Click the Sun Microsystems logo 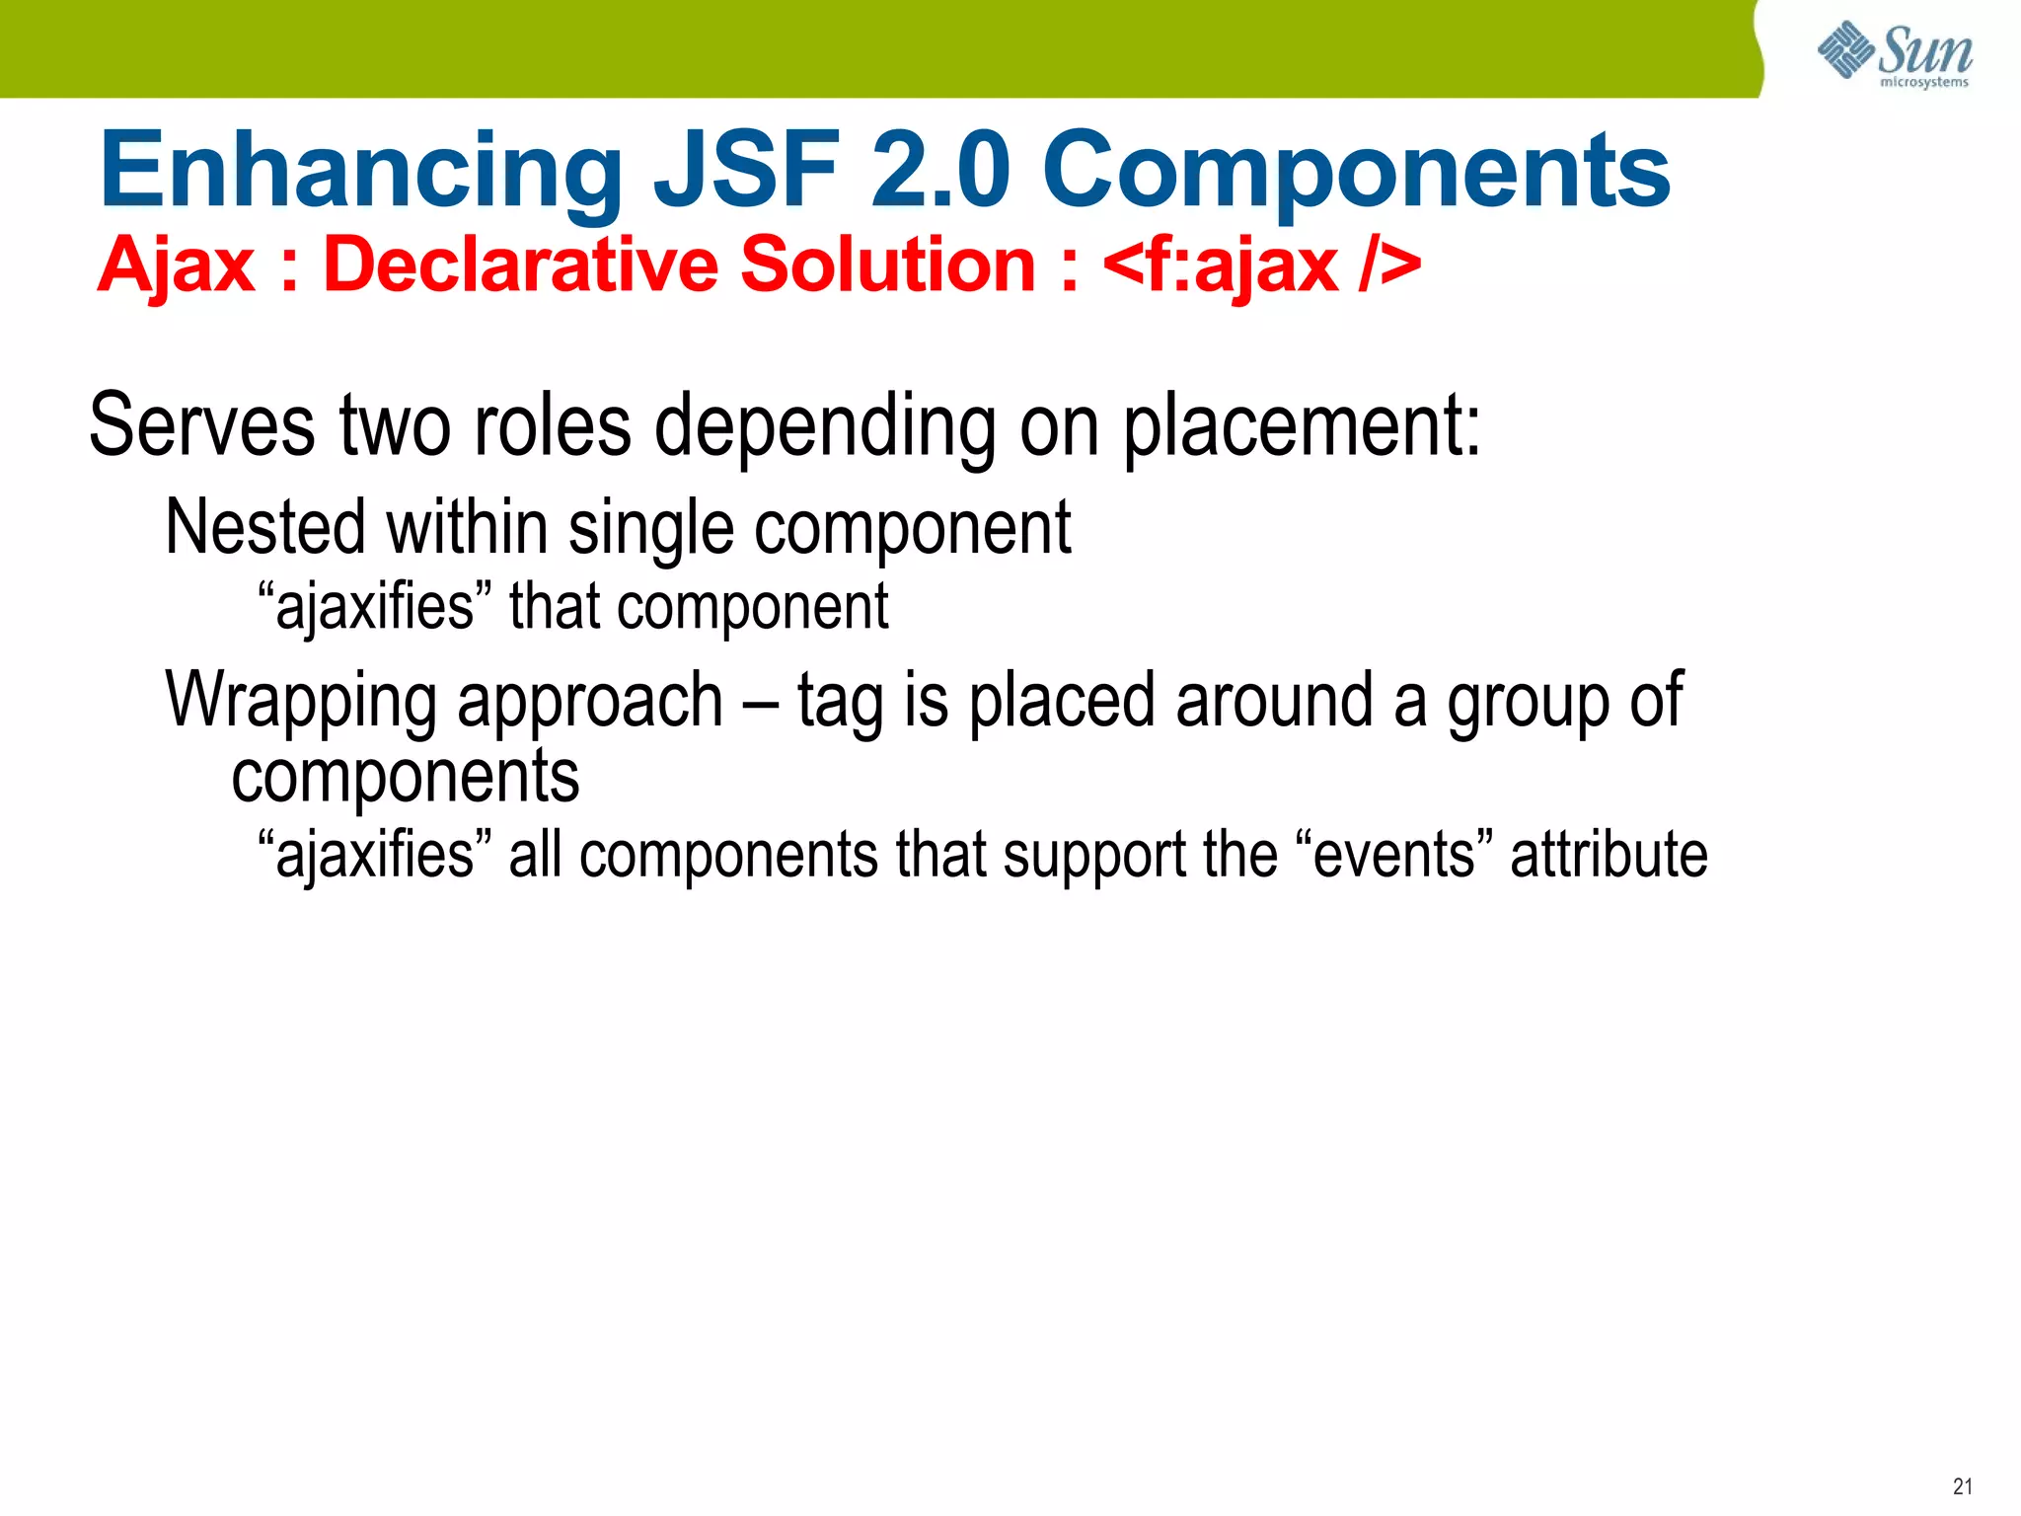pyautogui.click(x=1895, y=53)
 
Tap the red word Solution pyautogui.click(x=887, y=265)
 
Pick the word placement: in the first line pyautogui.click(x=1303, y=426)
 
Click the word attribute pyautogui.click(x=1609, y=854)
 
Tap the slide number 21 pyautogui.click(x=1962, y=1486)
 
